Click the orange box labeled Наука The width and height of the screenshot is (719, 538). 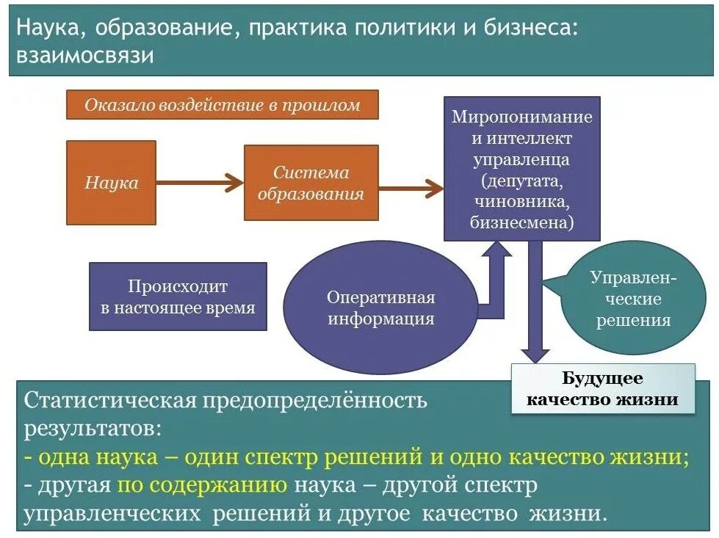point(111,182)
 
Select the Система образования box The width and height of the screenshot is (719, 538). point(311,183)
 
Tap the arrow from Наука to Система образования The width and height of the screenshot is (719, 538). point(199,183)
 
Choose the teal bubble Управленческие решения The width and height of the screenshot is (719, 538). point(633,298)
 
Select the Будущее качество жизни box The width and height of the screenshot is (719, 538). point(602,390)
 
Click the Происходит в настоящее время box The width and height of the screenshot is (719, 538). point(177,297)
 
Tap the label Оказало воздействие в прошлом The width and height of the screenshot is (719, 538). point(222,105)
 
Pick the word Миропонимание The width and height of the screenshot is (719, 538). point(521,117)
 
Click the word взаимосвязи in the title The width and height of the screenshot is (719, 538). point(85,57)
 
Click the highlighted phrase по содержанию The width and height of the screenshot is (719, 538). point(201,485)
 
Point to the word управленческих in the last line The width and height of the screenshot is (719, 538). point(113,513)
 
